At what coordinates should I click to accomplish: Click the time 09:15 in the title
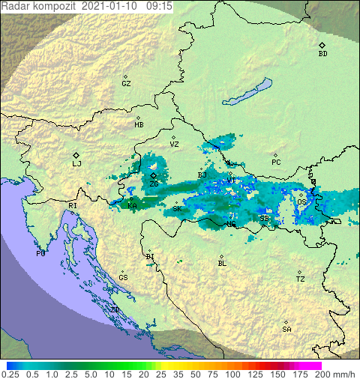tap(160, 5)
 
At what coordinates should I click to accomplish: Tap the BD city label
tap(322, 54)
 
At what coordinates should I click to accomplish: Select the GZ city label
tap(126, 84)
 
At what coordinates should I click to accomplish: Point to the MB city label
tap(139, 125)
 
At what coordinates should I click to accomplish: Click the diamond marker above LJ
tap(76, 154)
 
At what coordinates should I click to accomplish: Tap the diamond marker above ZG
tap(154, 175)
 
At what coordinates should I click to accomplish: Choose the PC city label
tap(276, 163)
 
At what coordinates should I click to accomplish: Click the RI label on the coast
tap(73, 205)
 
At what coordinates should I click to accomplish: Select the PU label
tap(40, 254)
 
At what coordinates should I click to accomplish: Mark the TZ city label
tap(300, 279)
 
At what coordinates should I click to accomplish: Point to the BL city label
tap(222, 264)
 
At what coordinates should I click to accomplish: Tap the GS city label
tap(123, 278)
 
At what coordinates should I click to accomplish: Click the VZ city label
tap(174, 144)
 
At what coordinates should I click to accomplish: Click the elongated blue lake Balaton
tap(247, 93)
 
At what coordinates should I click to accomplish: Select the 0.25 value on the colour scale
tap(10, 374)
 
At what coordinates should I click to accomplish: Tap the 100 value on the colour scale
tap(233, 374)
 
